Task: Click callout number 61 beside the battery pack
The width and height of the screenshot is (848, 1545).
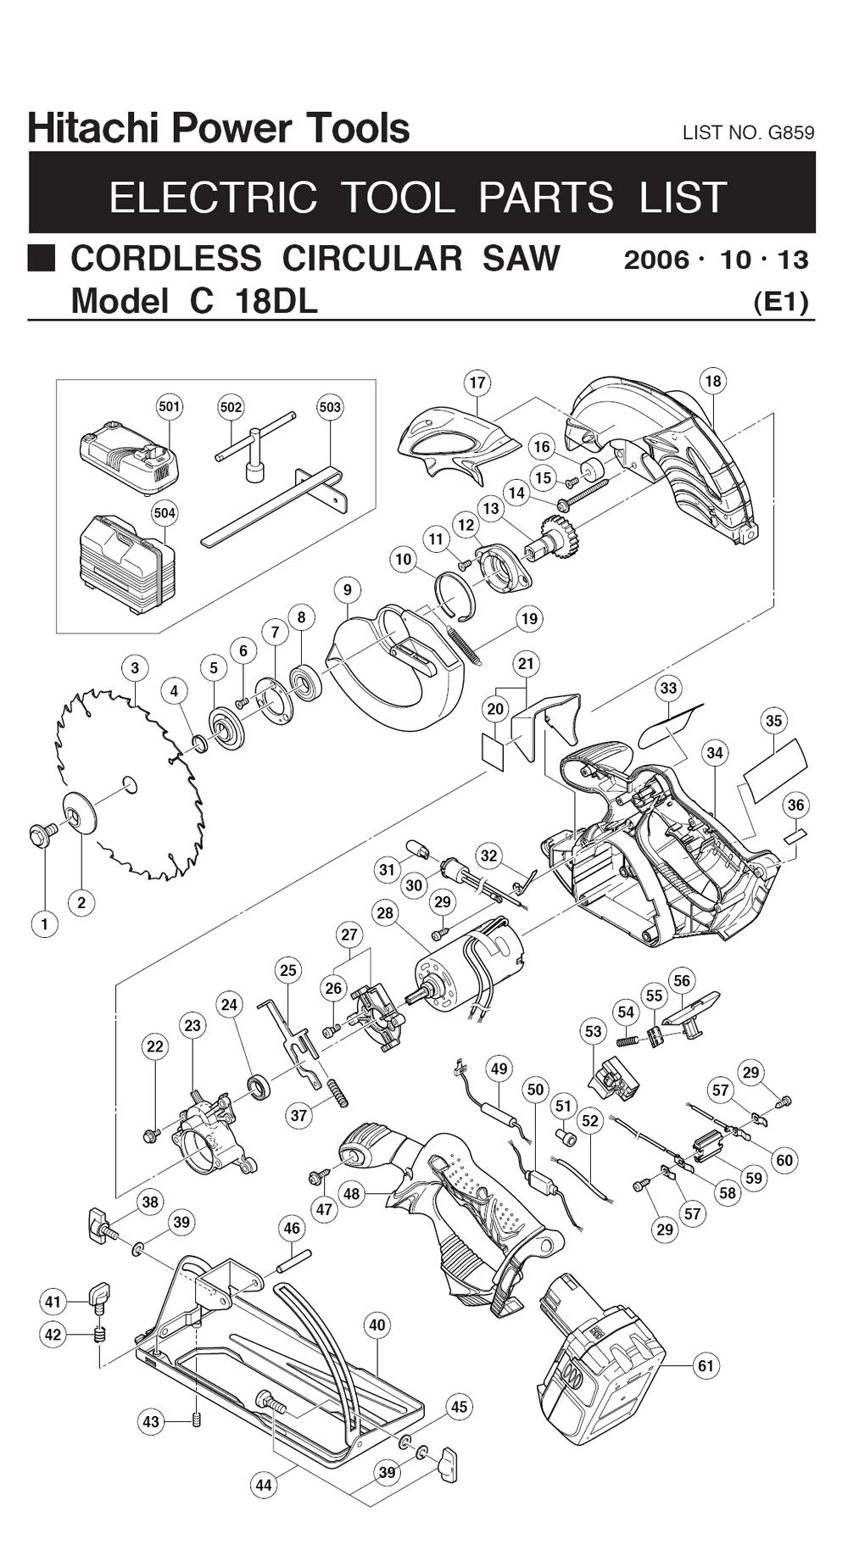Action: click(x=706, y=1365)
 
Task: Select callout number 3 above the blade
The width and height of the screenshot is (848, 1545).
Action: click(x=135, y=667)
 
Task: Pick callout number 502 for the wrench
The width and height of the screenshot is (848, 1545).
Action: click(x=231, y=407)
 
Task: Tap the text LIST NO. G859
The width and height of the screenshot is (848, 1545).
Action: click(x=748, y=132)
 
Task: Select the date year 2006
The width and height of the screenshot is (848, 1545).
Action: click(x=656, y=259)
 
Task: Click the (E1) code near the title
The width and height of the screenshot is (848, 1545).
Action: click(x=781, y=302)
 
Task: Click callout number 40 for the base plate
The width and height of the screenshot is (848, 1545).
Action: click(x=377, y=1325)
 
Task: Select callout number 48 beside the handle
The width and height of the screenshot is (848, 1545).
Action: click(x=351, y=1194)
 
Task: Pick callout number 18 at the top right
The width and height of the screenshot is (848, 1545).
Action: click(x=712, y=381)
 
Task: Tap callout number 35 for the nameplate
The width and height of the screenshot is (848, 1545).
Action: click(x=773, y=721)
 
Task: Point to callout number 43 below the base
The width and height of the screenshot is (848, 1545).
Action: click(x=151, y=1421)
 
